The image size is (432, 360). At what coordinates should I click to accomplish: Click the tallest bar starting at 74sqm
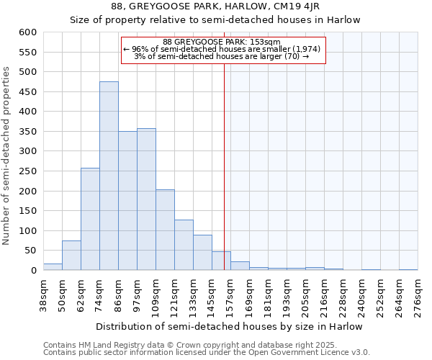click(x=109, y=176)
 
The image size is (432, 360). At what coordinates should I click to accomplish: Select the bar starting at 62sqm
click(x=90, y=219)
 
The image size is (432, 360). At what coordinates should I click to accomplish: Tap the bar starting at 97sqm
click(x=146, y=199)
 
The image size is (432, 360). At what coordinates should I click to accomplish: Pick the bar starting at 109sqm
click(x=165, y=230)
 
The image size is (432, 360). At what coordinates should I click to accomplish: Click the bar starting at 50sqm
click(x=71, y=255)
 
